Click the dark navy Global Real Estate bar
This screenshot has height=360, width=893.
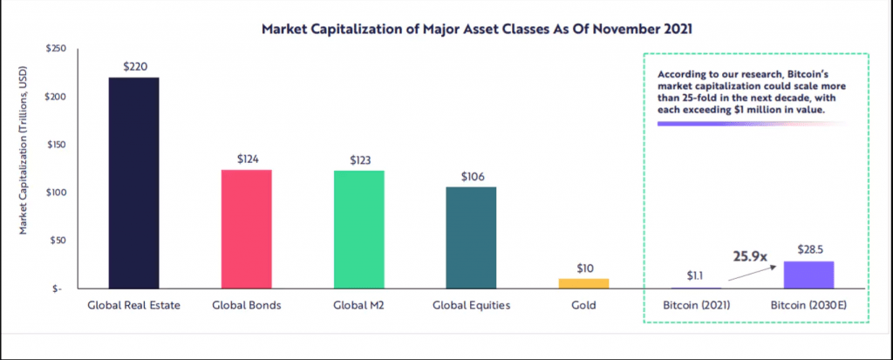pos(133,182)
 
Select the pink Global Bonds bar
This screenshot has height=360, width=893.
pos(246,228)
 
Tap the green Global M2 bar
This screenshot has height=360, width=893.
pos(358,228)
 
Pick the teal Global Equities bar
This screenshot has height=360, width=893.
pos(471,237)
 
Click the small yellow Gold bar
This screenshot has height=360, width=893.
pos(583,283)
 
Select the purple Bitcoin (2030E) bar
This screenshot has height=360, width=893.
pos(808,275)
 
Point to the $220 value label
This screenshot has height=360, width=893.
pos(133,65)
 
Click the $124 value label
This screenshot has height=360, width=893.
pos(246,159)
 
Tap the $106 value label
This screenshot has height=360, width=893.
pos(471,175)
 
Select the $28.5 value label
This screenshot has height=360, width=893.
pos(808,249)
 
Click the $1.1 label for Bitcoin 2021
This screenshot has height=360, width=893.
pos(695,275)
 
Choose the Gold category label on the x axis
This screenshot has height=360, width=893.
pos(583,306)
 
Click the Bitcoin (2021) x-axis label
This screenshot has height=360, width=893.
pos(695,306)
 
